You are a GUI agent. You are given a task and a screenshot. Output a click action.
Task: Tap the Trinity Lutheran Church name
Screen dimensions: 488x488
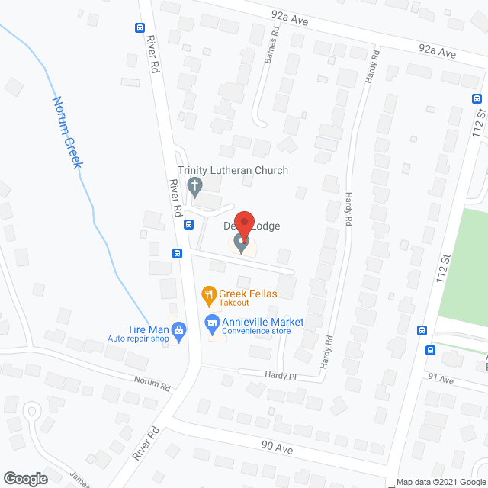[233, 170]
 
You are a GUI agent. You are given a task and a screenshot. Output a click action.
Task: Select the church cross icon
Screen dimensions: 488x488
[194, 185]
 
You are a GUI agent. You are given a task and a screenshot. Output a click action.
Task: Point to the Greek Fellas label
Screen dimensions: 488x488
[248, 293]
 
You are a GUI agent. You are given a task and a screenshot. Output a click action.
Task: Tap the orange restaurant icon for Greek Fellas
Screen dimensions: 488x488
[207, 294]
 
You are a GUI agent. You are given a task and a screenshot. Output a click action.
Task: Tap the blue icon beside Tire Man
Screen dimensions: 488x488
[179, 331]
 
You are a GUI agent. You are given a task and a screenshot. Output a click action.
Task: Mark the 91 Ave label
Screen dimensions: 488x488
[440, 379]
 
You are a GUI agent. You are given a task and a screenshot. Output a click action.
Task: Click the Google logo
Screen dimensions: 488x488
[24, 478]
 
